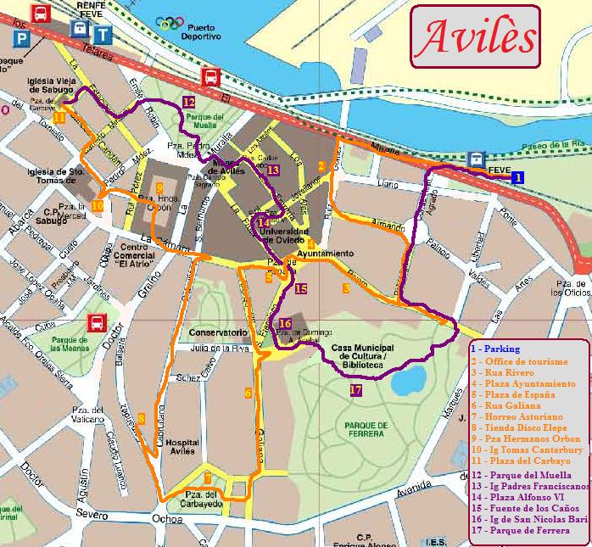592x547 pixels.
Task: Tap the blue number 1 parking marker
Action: tap(517, 176)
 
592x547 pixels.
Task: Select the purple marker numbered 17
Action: tap(355, 390)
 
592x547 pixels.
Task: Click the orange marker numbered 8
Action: tap(141, 417)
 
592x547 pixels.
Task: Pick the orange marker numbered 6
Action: tap(248, 393)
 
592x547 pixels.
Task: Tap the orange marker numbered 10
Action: tap(98, 205)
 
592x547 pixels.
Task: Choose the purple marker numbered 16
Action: tap(285, 324)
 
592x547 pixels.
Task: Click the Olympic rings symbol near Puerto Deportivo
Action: tap(170, 23)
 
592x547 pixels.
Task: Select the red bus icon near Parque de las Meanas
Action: tap(98, 322)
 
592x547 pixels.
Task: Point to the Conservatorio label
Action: tap(218, 332)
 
